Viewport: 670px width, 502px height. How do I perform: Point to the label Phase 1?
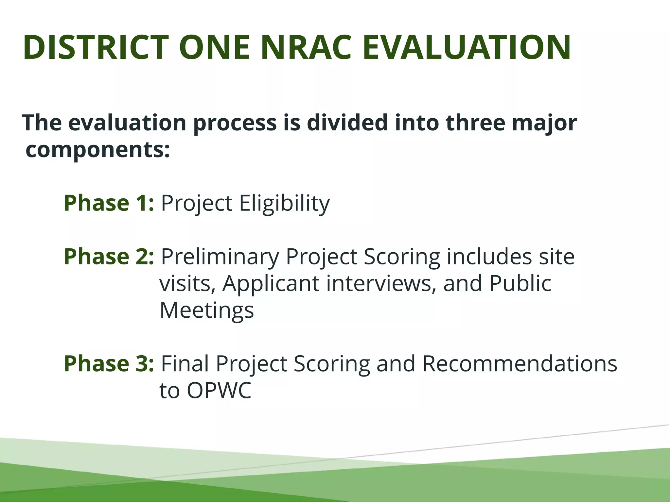pos(109,203)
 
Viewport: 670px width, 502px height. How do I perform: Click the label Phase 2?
pos(109,257)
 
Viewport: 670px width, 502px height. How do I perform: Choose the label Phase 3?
pos(109,363)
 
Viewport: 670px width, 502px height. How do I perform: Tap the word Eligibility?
pos(284,204)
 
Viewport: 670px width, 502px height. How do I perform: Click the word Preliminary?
pos(220,257)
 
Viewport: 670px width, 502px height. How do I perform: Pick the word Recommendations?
pos(520,363)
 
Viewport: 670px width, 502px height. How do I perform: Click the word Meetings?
pos(207,310)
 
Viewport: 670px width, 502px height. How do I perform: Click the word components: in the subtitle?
pos(98,150)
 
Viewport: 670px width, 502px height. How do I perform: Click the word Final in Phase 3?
pos(185,363)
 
